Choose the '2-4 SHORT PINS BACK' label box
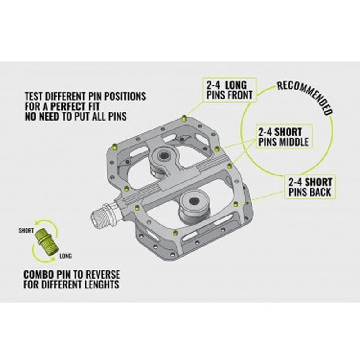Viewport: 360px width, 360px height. point(310,187)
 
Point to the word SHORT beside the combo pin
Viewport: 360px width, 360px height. point(26,230)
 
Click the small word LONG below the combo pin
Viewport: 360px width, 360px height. point(64,256)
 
